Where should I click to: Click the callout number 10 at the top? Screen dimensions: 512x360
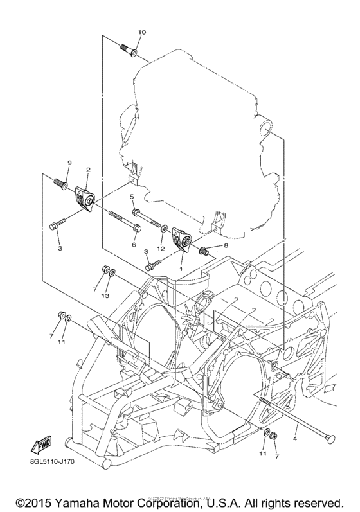coord(142,32)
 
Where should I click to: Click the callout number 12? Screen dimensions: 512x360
coord(162,249)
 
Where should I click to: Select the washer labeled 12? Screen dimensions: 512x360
coord(166,229)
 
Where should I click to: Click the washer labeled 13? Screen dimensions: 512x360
coord(112,273)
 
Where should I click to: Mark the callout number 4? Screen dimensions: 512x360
coord(296,439)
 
